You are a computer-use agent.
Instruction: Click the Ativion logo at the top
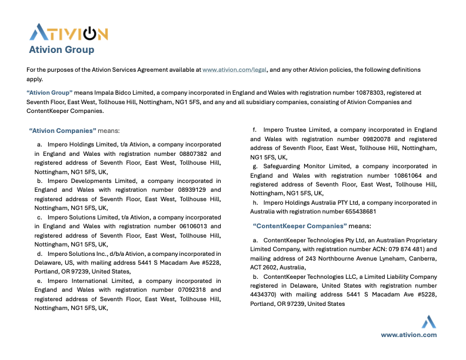click(68, 32)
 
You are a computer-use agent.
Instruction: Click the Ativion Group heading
click(62, 49)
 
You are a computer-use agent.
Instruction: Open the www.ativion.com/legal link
click(235, 69)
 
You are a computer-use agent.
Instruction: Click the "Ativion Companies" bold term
click(62, 130)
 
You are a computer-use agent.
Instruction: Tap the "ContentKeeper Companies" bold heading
click(299, 225)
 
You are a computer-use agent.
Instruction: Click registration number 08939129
click(194, 190)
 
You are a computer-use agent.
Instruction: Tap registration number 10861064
click(407, 175)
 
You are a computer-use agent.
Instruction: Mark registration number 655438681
click(356, 212)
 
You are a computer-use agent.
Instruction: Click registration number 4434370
click(264, 295)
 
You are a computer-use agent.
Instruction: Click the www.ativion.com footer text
click(408, 335)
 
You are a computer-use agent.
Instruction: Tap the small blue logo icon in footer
click(428, 322)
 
